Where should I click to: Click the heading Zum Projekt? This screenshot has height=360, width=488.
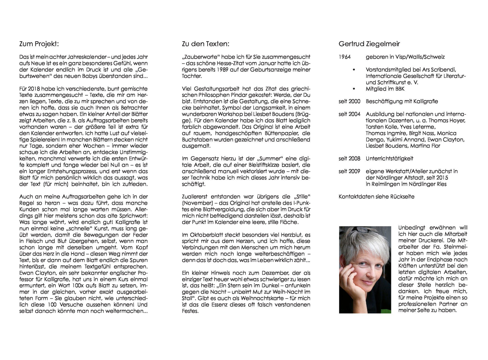pyautogui.click(x=39, y=44)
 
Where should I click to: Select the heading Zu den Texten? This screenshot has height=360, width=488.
pyautogui.click(x=205, y=44)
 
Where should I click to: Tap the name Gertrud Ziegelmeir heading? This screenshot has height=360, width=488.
pyautogui.click(x=369, y=44)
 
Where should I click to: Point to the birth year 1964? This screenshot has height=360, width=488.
pyautogui.click(x=345, y=57)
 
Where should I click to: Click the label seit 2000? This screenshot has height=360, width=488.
pyautogui.click(x=350, y=101)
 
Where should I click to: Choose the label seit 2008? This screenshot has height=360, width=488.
pyautogui.click(x=350, y=159)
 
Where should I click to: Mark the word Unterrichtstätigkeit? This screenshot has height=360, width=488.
pyautogui.click(x=389, y=159)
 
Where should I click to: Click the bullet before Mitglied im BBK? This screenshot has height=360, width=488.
pyautogui.click(x=354, y=89)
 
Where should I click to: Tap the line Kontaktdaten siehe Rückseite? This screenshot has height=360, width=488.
pyautogui.click(x=376, y=197)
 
